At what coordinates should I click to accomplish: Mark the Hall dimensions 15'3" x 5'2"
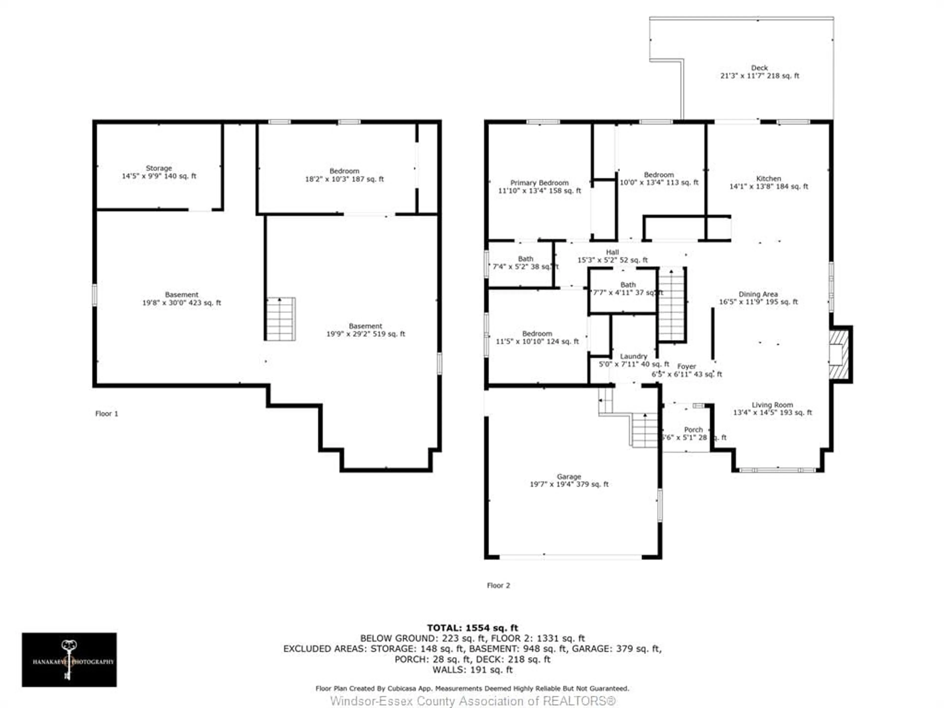[x=612, y=260]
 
